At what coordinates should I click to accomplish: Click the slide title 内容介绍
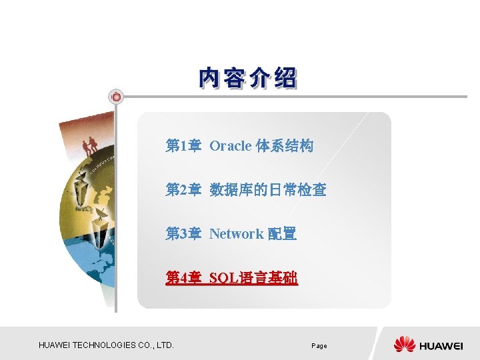(x=247, y=78)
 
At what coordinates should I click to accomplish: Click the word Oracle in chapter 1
(x=230, y=145)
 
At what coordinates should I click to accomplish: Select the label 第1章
(x=183, y=145)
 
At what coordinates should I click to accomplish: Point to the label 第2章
(x=183, y=190)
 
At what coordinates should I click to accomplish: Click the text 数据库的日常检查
(x=267, y=190)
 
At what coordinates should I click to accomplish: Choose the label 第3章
(x=183, y=233)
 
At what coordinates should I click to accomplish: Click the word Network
(x=236, y=233)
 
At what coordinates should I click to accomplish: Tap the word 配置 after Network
(x=282, y=233)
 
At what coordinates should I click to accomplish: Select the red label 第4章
(x=183, y=277)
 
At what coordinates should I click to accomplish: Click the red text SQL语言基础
(x=253, y=277)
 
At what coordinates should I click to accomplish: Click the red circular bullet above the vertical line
(x=116, y=97)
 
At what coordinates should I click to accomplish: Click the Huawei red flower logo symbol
(x=404, y=345)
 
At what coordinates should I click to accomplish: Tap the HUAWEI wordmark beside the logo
(x=441, y=345)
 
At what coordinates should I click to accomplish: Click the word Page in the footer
(x=319, y=346)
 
